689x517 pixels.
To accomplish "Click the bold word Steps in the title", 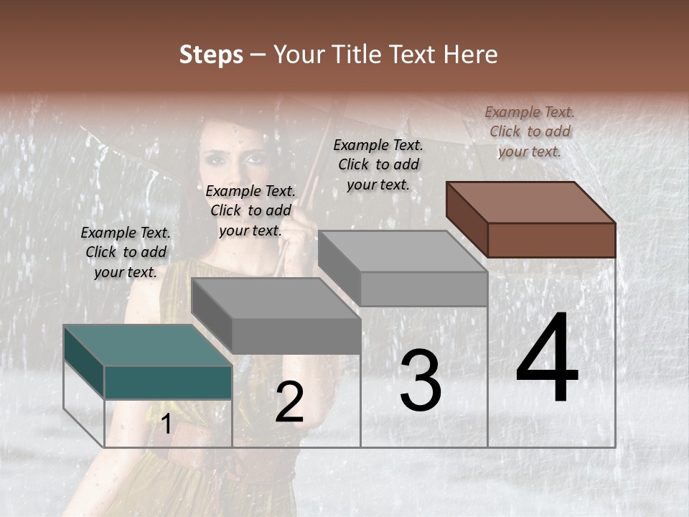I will pos(211,55).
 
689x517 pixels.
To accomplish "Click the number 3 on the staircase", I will pos(421,381).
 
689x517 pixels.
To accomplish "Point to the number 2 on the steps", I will pos(289,402).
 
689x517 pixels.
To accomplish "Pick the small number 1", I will pos(166,424).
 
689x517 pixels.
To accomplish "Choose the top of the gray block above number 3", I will pos(403,251).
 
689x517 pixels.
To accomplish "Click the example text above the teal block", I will pos(126,252).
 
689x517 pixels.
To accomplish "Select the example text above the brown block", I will pos(530,131).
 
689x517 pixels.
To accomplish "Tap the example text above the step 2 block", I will pos(250,210).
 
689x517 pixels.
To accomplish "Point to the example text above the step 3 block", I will pos(378,164).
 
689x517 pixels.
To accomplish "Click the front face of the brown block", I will pos(551,240).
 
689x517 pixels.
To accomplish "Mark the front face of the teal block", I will pos(168,382).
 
